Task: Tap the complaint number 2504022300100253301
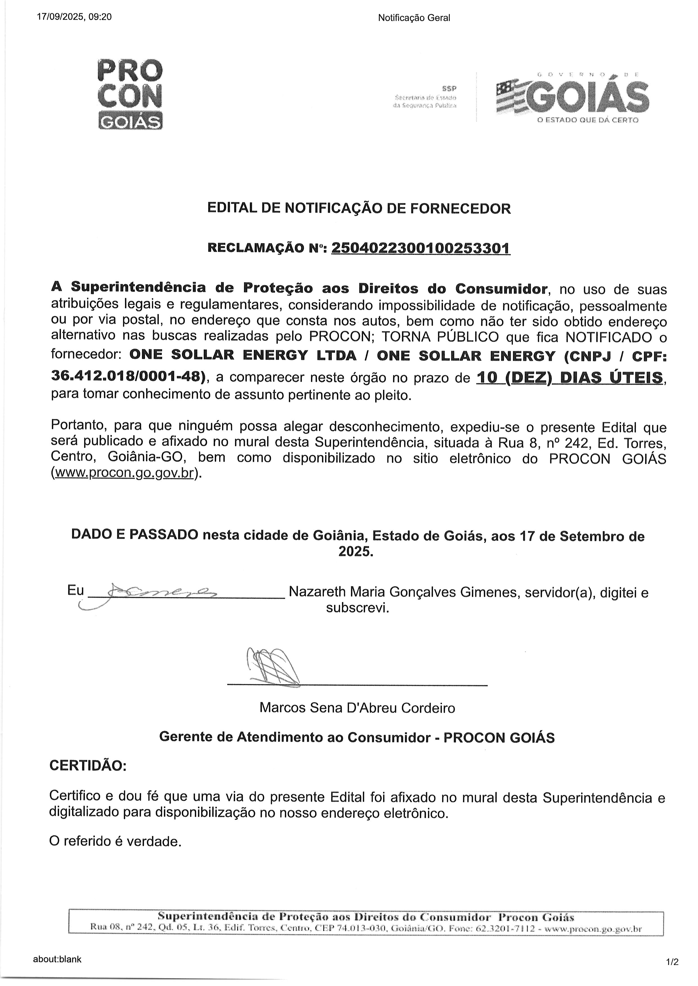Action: click(421, 248)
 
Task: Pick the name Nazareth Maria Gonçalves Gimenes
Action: click(401, 592)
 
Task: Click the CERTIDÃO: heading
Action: click(88, 766)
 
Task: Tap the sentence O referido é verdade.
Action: click(115, 841)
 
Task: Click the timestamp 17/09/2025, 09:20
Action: click(74, 17)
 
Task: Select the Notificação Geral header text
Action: click(414, 18)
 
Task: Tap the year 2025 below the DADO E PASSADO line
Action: click(356, 551)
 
